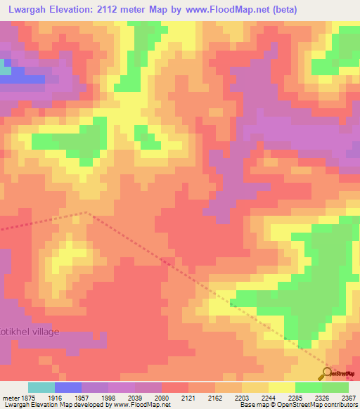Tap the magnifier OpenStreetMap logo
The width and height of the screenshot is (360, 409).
[328, 373]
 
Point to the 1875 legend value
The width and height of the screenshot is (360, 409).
[27, 397]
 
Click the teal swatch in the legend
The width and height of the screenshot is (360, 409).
[41, 387]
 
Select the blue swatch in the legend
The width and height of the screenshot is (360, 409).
[68, 387]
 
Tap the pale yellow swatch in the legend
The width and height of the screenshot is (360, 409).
[281, 387]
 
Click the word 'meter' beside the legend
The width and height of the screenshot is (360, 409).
[9, 397]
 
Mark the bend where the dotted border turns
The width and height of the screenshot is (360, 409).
[86, 212]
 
